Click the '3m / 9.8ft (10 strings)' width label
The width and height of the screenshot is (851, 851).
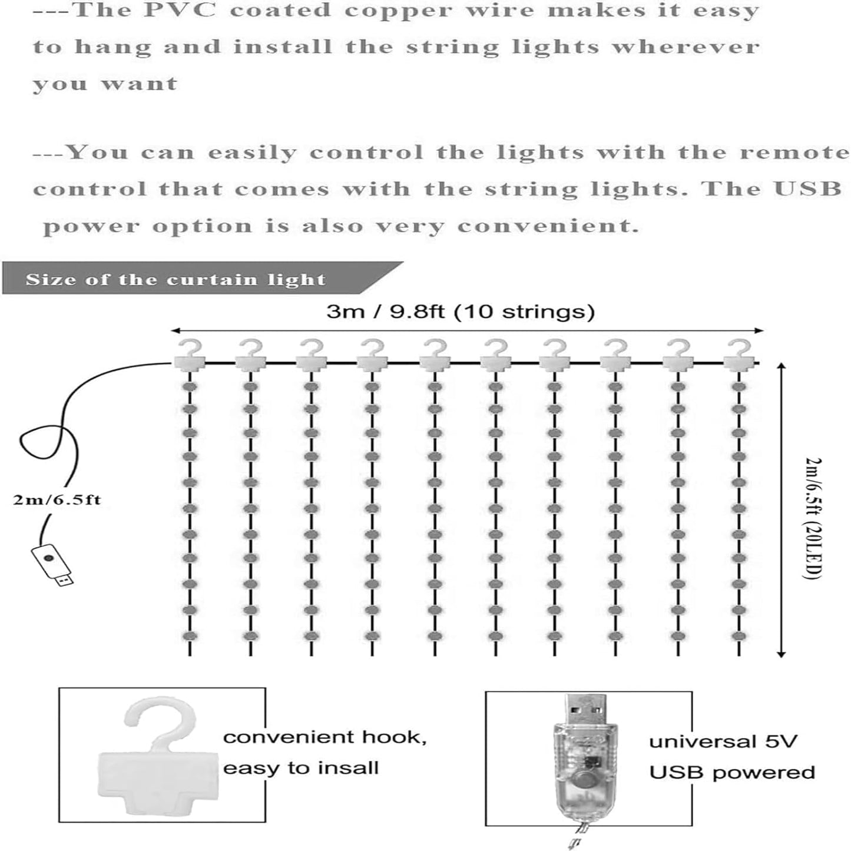(461, 311)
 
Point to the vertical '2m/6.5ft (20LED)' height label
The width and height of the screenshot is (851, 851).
(812, 518)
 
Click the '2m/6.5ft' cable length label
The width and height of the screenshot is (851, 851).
(57, 501)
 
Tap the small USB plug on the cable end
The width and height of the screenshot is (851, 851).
(52, 564)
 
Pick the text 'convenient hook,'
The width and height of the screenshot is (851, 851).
(324, 737)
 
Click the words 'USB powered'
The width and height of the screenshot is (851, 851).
(732, 773)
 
